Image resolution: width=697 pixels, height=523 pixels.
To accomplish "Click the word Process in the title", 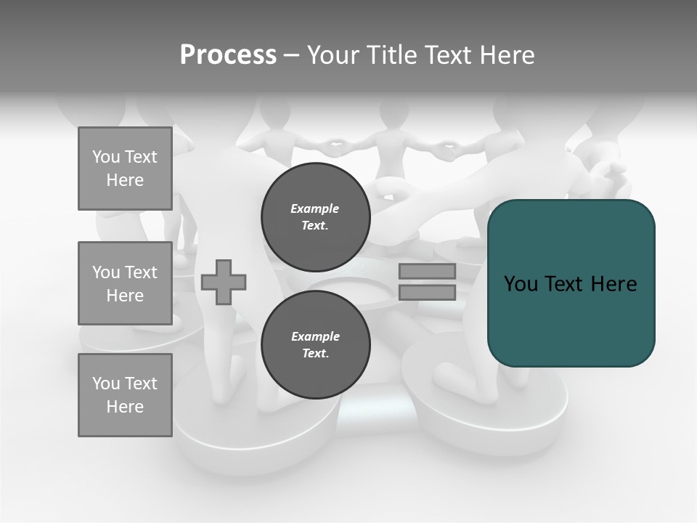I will pyautogui.click(x=228, y=54).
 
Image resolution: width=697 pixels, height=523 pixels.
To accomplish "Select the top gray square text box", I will pyautogui.click(x=125, y=169).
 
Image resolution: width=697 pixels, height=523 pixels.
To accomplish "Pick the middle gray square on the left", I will pyautogui.click(x=125, y=283).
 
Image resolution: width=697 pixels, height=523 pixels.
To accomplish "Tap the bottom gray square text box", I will pyautogui.click(x=125, y=395).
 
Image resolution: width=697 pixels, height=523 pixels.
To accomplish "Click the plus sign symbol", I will pyautogui.click(x=224, y=281).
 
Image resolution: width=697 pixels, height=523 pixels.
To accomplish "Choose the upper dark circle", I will pyautogui.click(x=315, y=217).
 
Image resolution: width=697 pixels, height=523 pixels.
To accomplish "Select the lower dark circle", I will pyautogui.click(x=315, y=345).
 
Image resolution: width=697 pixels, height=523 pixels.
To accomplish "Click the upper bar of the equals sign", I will pyautogui.click(x=427, y=272).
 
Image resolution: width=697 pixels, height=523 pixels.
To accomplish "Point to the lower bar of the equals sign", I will pyautogui.click(x=427, y=292).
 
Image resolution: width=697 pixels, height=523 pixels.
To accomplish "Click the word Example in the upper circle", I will pyautogui.click(x=314, y=208).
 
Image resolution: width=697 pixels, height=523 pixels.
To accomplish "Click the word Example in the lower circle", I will pyautogui.click(x=315, y=336).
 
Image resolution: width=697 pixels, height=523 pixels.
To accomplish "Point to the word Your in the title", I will pyautogui.click(x=335, y=54).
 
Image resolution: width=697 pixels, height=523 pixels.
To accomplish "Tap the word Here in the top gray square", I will pyautogui.click(x=125, y=180).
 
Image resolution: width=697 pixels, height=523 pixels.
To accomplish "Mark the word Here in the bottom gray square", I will pyautogui.click(x=125, y=407).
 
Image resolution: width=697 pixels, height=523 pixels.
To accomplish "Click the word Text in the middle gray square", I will pyautogui.click(x=141, y=272).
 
